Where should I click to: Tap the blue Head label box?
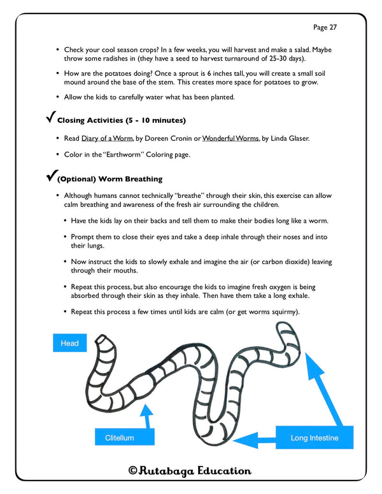(69, 343)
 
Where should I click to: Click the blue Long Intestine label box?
(314, 438)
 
